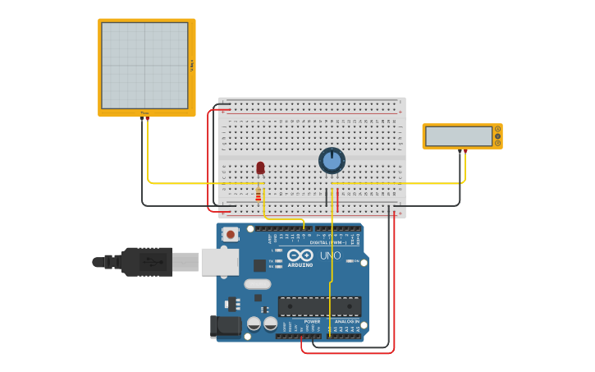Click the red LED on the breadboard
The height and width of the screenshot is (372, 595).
(260, 168)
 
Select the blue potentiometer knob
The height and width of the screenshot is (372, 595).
(332, 160)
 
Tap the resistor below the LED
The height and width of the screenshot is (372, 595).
(259, 195)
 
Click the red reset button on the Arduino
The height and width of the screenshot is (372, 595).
(231, 234)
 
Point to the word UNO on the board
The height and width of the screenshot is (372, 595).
(330, 255)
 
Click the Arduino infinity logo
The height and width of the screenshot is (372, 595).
(300, 255)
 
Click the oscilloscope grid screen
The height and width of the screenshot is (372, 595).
(144, 66)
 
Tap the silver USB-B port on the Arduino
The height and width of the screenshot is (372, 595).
(219, 262)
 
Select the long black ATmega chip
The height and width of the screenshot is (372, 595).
(319, 306)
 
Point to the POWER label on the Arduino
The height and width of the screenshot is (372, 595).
(300, 322)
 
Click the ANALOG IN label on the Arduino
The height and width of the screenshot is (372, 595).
(346, 322)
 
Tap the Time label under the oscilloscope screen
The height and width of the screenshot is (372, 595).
(144, 113)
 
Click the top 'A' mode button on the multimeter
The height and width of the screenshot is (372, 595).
(497, 129)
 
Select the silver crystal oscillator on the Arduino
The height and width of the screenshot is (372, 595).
(257, 284)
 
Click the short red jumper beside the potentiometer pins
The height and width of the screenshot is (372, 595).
(337, 200)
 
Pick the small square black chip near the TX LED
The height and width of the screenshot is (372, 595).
(259, 265)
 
